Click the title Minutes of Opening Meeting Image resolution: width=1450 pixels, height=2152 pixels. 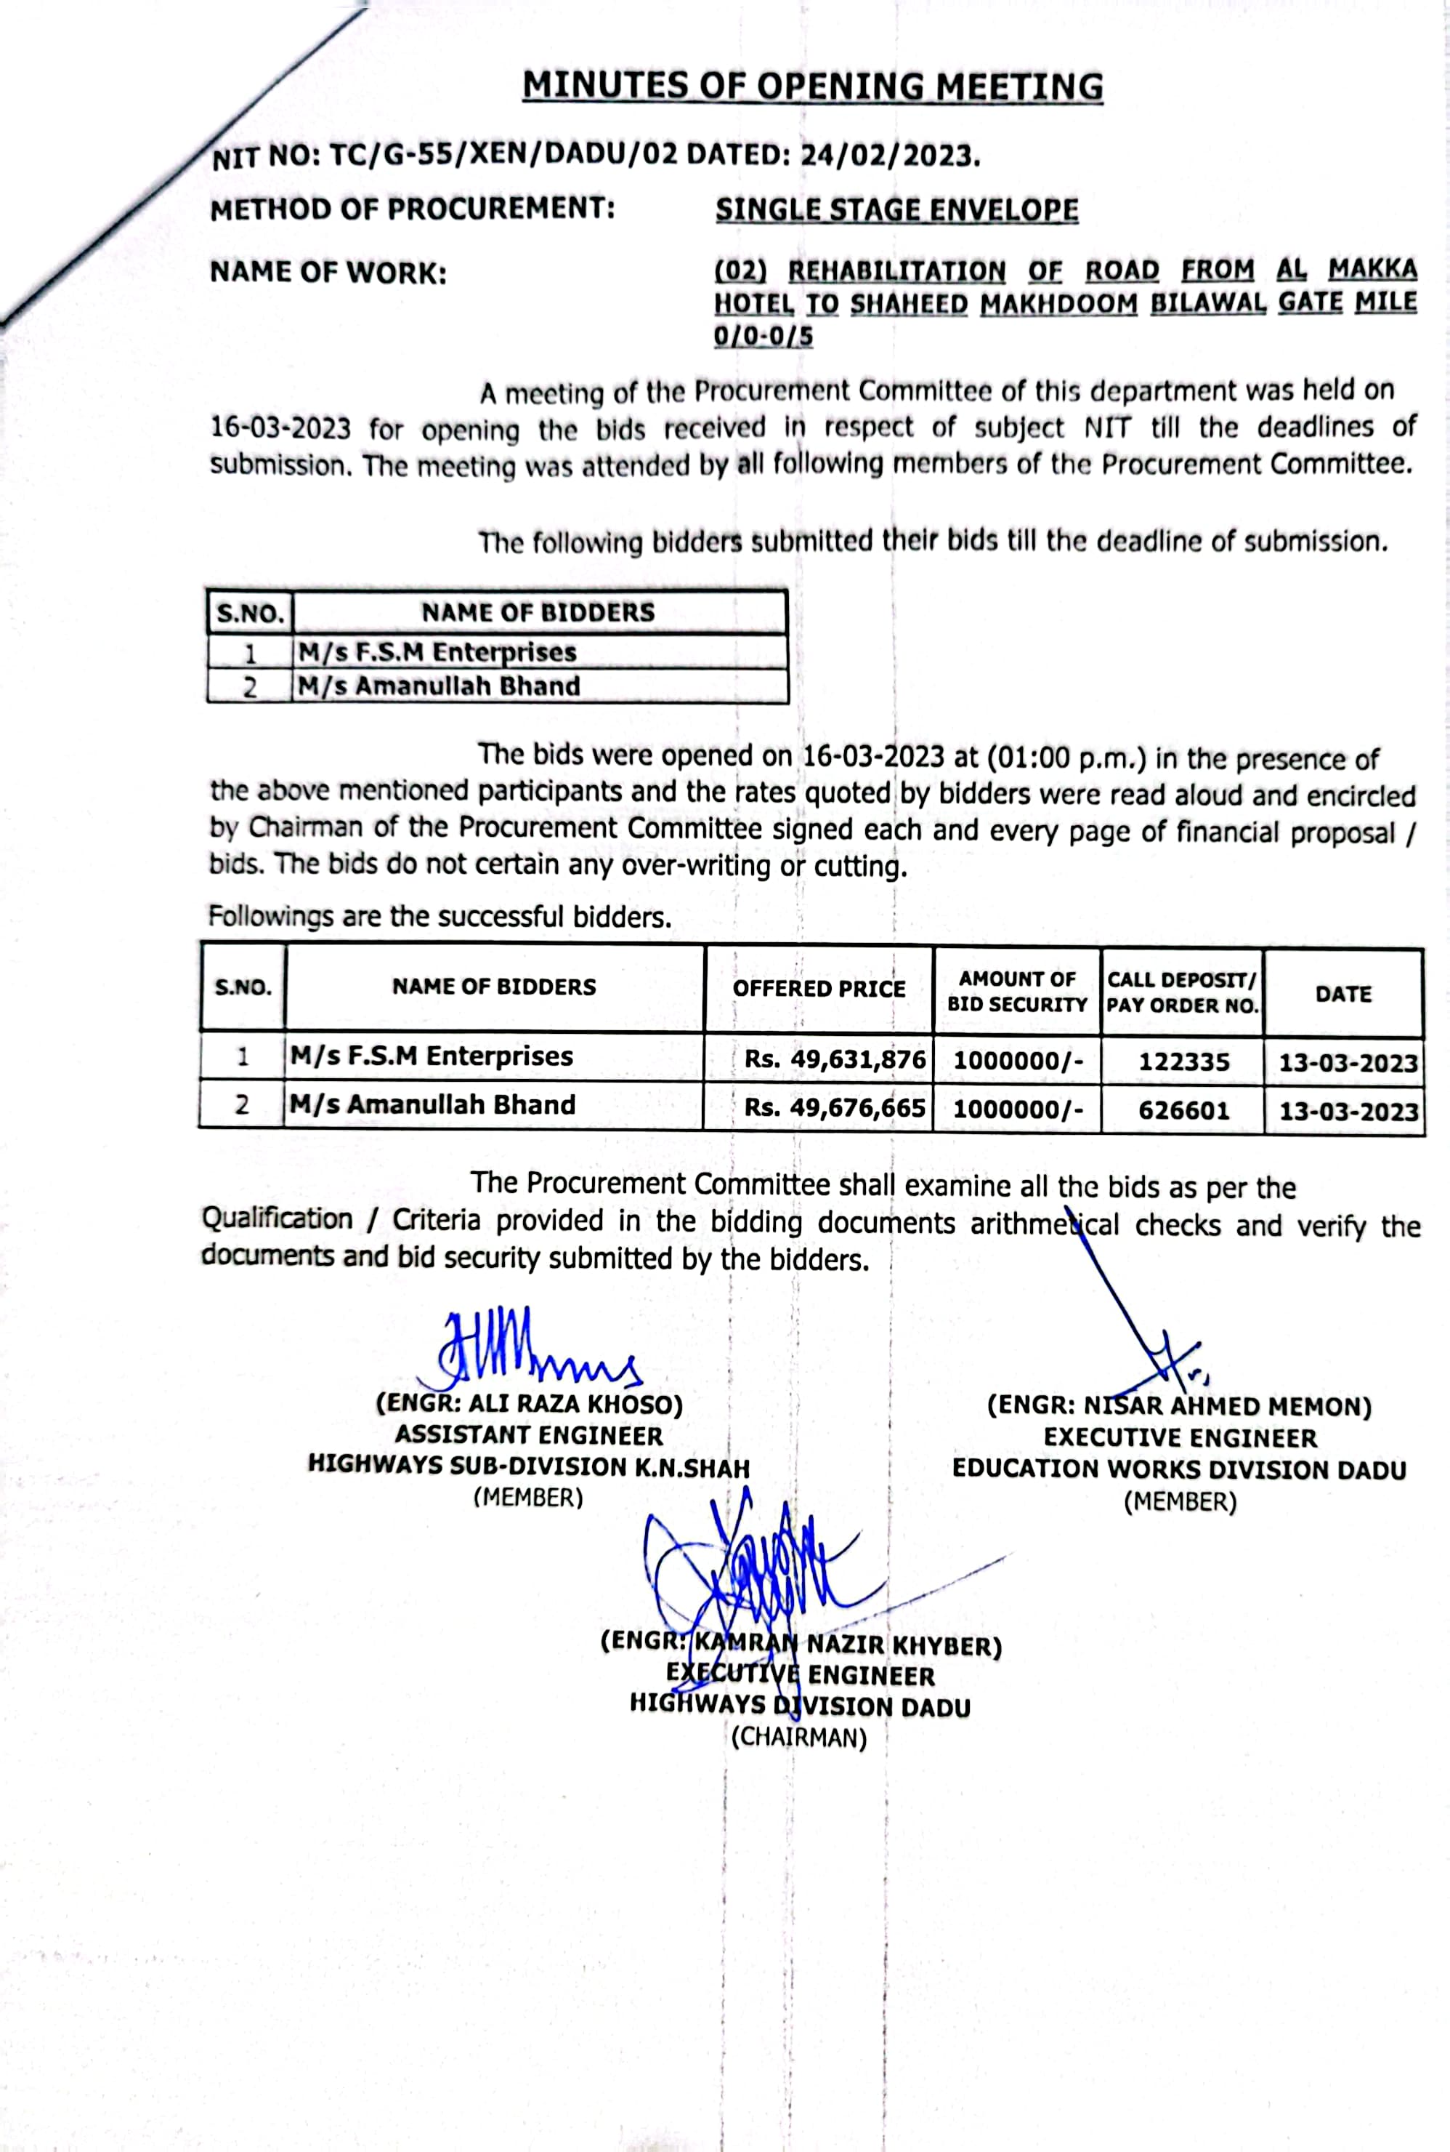(812, 86)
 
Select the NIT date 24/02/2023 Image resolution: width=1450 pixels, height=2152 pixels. (888, 156)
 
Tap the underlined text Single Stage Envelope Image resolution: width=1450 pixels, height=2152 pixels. (896, 210)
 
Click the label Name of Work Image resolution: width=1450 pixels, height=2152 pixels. (328, 273)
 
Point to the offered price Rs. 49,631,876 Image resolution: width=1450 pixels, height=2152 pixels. (834, 1059)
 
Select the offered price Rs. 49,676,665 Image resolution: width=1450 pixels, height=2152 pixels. (834, 1107)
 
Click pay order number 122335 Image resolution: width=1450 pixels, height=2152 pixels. (1183, 1061)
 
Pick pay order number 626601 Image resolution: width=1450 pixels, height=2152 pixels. (1183, 1109)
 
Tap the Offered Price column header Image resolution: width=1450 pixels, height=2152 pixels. (819, 988)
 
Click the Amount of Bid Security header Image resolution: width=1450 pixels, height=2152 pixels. (1017, 991)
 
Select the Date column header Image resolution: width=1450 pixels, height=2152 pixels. (1342, 994)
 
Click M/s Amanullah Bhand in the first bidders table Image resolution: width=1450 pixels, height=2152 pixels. (438, 686)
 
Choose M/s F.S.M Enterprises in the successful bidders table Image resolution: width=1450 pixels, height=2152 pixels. (432, 1056)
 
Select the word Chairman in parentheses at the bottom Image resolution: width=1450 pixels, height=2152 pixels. (799, 1737)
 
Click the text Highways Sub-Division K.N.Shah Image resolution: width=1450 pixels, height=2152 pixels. (528, 1466)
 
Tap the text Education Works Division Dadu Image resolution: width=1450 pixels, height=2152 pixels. (1179, 1469)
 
